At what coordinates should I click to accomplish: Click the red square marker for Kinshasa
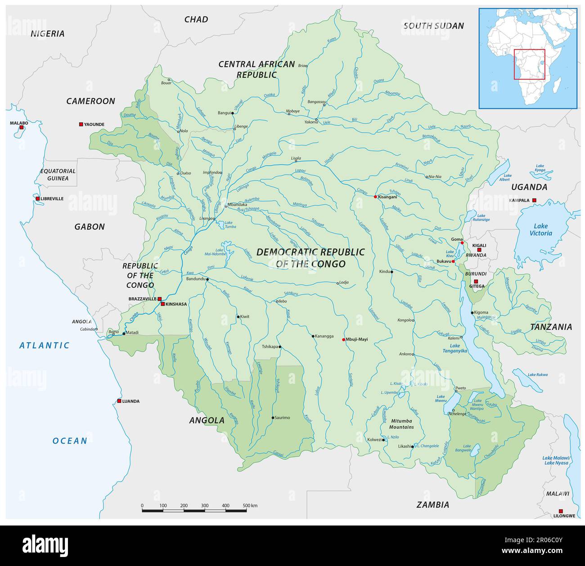(163, 304)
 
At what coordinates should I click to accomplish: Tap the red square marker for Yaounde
(81, 124)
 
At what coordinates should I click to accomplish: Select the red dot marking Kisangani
(375, 197)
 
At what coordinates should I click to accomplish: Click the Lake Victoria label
(540, 229)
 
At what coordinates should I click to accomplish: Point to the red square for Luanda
(119, 401)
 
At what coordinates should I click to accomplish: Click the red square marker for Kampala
(534, 200)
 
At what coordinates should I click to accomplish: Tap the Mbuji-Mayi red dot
(344, 339)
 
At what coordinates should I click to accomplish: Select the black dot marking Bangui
(233, 113)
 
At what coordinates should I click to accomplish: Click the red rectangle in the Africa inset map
(530, 64)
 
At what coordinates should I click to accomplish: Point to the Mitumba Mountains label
(401, 424)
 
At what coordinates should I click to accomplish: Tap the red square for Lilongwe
(561, 511)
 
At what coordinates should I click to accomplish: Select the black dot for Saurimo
(273, 418)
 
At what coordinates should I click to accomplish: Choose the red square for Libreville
(38, 198)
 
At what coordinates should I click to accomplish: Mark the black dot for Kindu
(392, 272)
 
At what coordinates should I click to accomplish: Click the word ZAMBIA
(432, 505)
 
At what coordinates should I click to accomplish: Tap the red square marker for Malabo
(21, 128)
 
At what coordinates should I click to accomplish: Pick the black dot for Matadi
(124, 333)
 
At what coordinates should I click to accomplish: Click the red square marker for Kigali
(479, 250)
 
